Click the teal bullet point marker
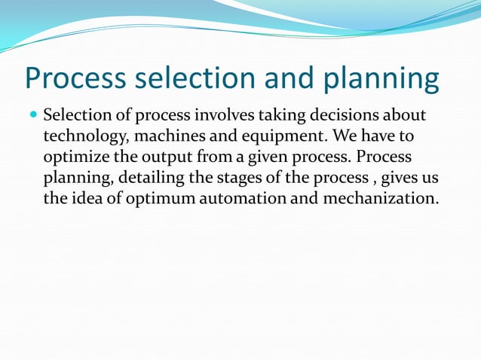coord(32,117)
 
